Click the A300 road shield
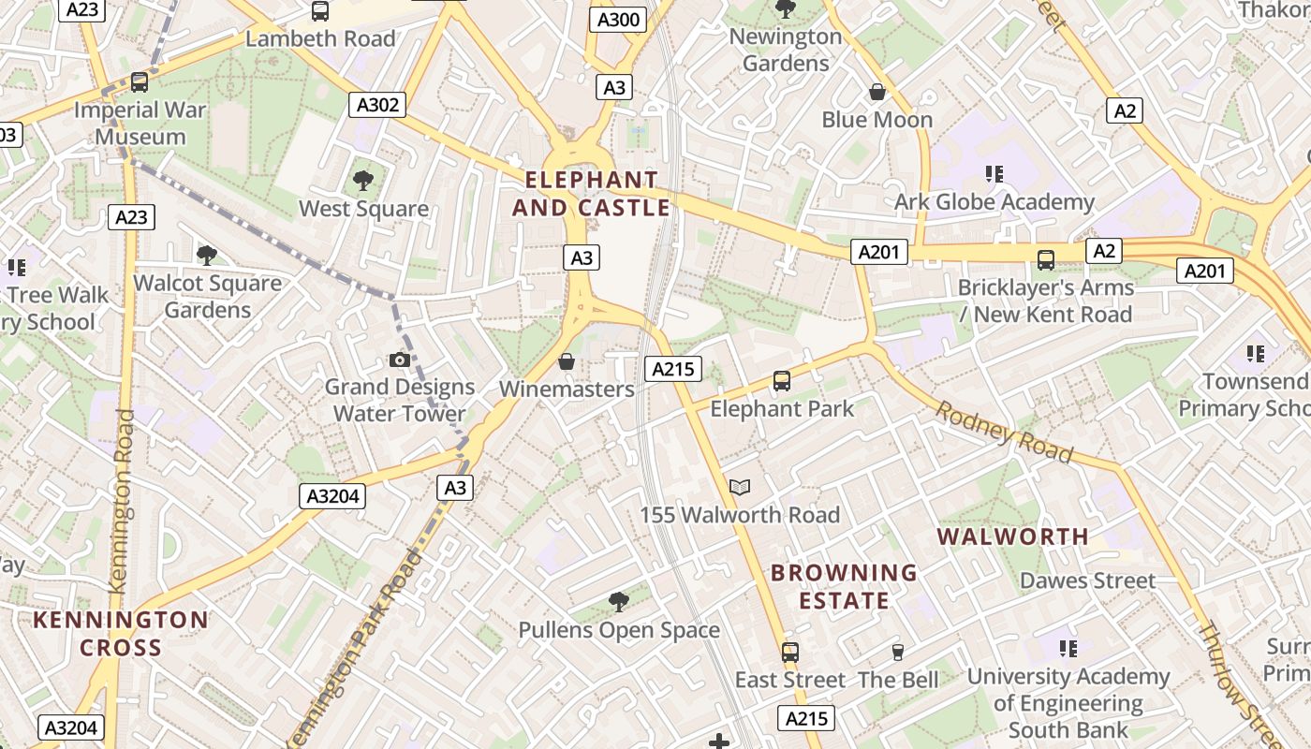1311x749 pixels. tap(618, 20)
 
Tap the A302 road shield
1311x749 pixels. tap(377, 105)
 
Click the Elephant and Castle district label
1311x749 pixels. tap(592, 193)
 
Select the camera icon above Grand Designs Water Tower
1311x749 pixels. tap(400, 360)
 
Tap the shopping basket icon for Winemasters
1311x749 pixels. tap(567, 361)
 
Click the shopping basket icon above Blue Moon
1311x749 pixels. tap(877, 92)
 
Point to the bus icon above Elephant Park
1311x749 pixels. tap(782, 381)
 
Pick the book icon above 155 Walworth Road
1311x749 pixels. tap(740, 487)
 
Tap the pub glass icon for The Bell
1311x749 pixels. tap(897, 653)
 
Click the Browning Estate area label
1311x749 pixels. tap(844, 586)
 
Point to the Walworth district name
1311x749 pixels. tap(1013, 536)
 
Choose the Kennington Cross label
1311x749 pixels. tap(121, 633)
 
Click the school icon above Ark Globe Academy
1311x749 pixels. tap(994, 173)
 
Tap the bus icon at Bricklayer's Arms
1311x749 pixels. tap(1046, 259)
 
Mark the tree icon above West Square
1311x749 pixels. tap(363, 181)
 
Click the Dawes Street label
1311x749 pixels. tap(1087, 580)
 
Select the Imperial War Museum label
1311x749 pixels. tap(140, 123)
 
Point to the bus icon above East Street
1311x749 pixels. tap(790, 652)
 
